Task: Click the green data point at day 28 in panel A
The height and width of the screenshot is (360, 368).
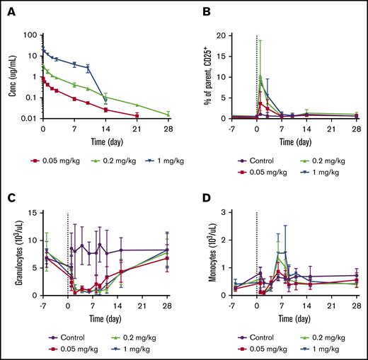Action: click(x=168, y=115)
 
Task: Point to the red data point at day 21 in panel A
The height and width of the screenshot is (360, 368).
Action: click(x=137, y=115)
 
